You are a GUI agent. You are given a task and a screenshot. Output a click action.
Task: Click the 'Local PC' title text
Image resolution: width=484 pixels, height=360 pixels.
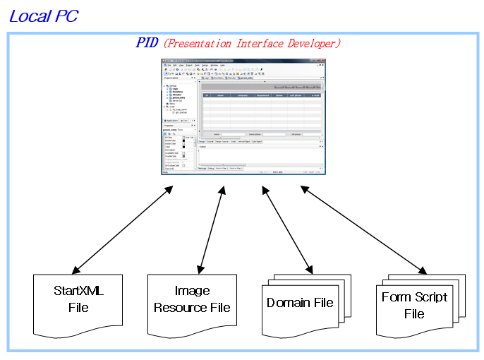(x=43, y=16)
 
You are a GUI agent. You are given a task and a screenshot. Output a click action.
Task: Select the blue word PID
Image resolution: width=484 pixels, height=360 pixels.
(x=147, y=43)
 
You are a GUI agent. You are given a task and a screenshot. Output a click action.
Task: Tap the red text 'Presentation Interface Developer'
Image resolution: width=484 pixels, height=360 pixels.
(x=253, y=43)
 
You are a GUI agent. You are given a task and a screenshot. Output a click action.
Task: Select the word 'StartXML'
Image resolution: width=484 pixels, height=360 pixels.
(x=78, y=291)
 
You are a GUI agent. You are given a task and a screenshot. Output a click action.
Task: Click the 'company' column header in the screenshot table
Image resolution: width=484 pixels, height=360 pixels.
(x=243, y=95)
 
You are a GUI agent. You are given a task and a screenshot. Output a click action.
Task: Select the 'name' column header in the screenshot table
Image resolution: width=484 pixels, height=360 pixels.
(x=220, y=95)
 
